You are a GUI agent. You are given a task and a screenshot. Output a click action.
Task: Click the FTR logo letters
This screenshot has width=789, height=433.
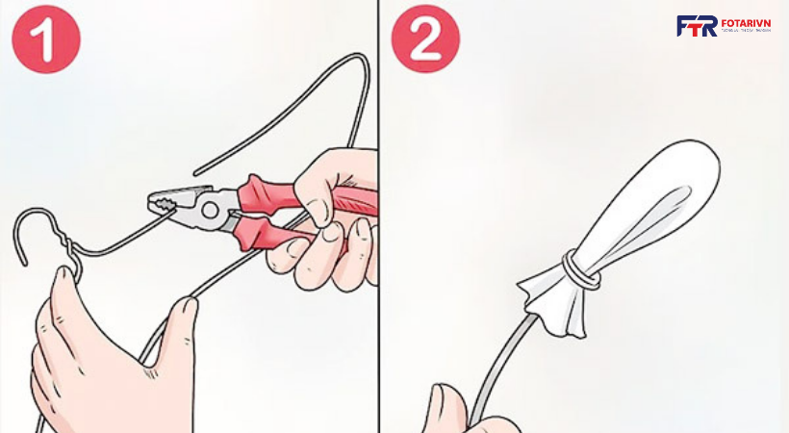(696, 26)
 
